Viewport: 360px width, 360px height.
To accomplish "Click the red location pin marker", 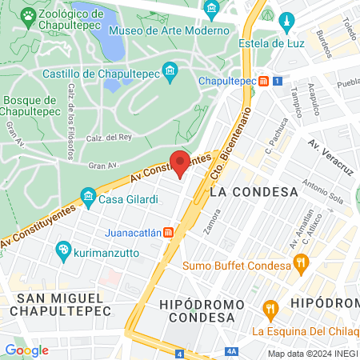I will [180, 162].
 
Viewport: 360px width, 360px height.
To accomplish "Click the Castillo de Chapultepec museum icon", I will [170, 74].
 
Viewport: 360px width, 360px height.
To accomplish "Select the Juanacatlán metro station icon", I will [169, 233].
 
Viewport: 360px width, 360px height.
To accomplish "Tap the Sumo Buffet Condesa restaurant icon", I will [301, 261].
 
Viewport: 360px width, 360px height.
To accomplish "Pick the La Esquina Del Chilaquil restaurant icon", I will [271, 309].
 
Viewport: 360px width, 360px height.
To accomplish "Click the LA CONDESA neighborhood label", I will [254, 192].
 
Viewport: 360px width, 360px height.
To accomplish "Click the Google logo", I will [26, 350].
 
